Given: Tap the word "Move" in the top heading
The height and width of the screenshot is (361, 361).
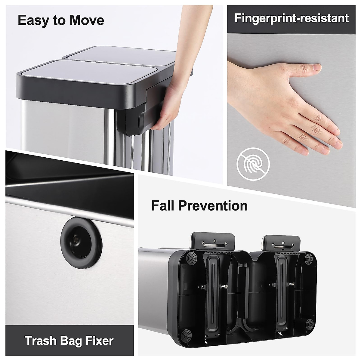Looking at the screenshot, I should coord(87,20).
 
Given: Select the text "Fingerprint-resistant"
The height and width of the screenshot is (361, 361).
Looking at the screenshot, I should coord(292,18).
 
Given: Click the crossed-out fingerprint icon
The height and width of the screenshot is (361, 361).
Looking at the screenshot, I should coord(253,164).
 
